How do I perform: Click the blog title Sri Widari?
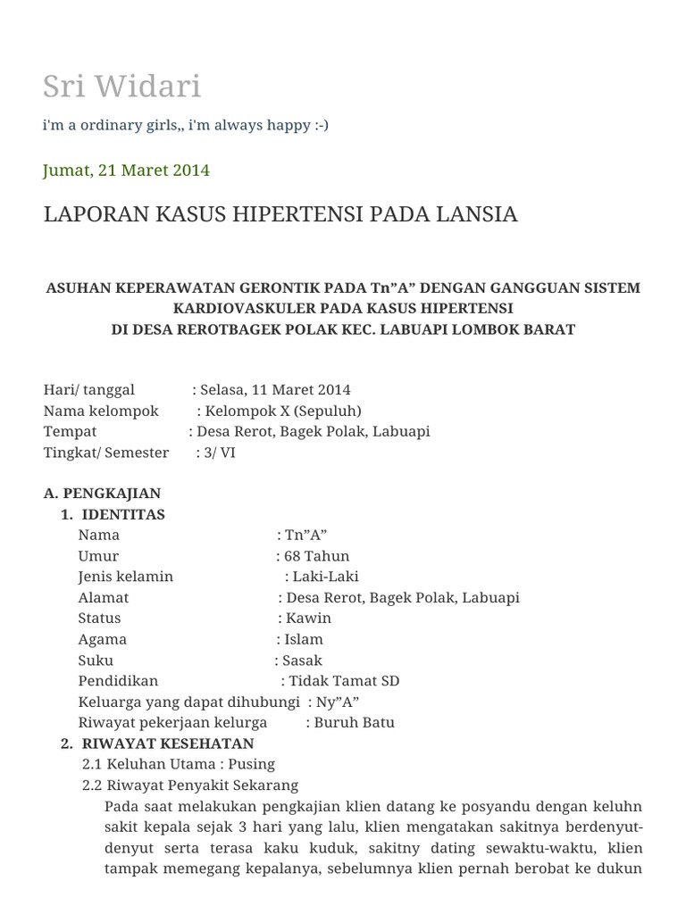click(x=121, y=87)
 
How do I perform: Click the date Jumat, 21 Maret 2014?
click(x=127, y=170)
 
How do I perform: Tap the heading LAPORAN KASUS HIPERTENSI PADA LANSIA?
click(x=280, y=215)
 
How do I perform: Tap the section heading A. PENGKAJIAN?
click(x=102, y=494)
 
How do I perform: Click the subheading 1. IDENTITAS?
click(x=113, y=515)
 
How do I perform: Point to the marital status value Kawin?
click(x=308, y=619)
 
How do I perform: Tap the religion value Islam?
click(x=304, y=639)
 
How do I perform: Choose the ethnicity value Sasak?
click(x=302, y=661)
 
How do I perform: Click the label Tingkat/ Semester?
click(x=106, y=453)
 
